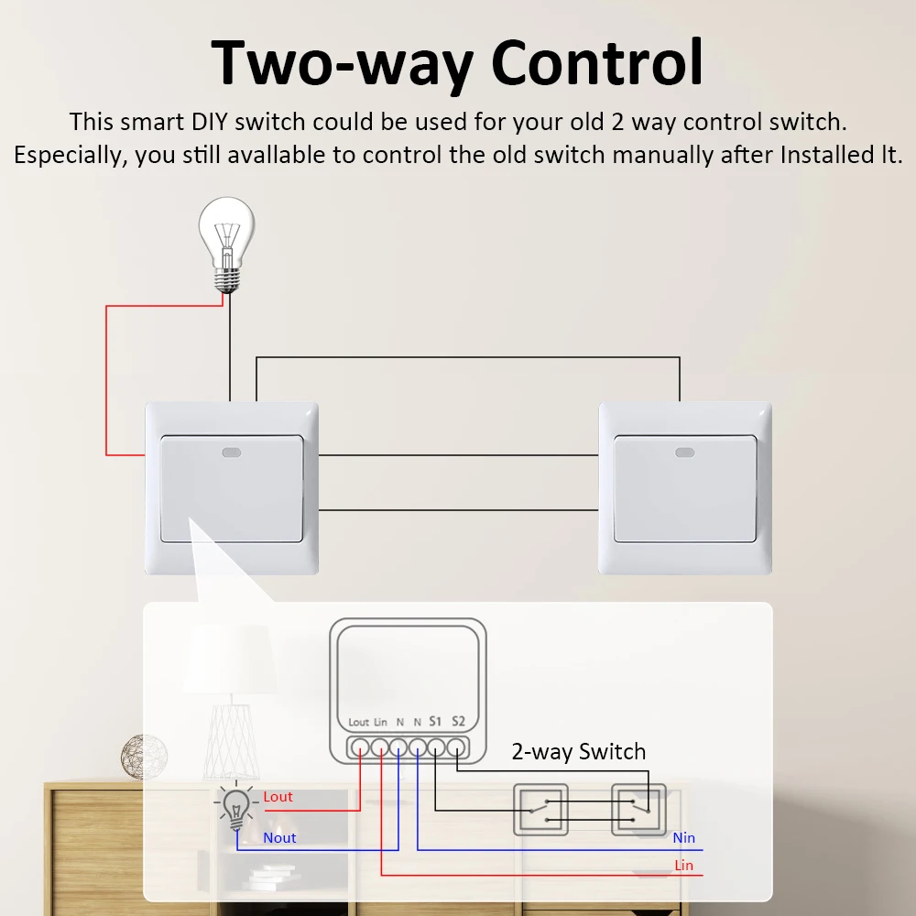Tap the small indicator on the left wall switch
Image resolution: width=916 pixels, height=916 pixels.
coord(231,451)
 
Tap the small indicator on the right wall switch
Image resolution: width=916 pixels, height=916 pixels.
coord(683,451)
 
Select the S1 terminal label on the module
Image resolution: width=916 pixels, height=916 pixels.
coord(435,722)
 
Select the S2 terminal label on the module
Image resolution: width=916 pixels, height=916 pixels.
coord(458,722)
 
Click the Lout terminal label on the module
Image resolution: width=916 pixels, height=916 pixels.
coord(359,723)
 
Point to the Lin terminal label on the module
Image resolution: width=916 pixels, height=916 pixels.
coord(381,723)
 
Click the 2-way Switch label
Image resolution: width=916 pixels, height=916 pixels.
coord(578,752)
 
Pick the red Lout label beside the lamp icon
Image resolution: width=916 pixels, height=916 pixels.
coord(278,797)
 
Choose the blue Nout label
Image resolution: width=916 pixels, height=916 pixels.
coord(279,837)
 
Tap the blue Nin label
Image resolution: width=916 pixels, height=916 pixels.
coord(683,837)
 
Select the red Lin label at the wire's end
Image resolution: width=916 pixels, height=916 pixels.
coord(683,865)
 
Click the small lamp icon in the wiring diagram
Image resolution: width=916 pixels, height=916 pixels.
coord(235,806)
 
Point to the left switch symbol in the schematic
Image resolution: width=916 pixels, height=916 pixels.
coord(540,809)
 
